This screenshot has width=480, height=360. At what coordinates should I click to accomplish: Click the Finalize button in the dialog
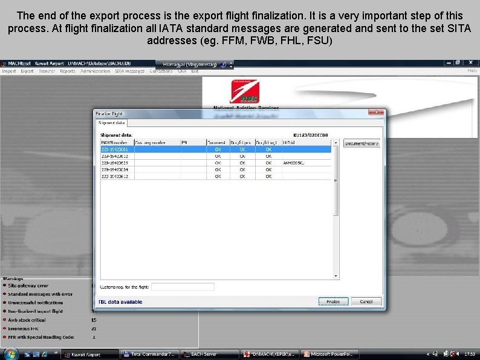tap(332, 301)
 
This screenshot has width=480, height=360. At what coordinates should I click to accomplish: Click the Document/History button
tap(362, 143)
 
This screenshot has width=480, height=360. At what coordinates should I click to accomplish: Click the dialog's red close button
tap(378, 113)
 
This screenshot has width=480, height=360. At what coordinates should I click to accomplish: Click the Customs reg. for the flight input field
tap(183, 287)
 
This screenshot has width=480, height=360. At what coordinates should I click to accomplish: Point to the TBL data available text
tap(120, 302)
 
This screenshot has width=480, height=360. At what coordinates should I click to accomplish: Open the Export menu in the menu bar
tap(27, 71)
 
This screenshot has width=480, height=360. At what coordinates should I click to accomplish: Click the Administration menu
tap(96, 71)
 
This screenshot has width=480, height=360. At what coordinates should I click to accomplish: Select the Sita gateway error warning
tap(28, 286)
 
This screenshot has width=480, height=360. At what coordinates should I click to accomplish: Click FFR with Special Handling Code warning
tap(41, 337)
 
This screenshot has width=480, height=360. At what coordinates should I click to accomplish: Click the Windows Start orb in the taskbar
tap(7, 353)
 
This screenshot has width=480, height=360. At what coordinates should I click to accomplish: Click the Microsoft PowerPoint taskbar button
tap(331, 354)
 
